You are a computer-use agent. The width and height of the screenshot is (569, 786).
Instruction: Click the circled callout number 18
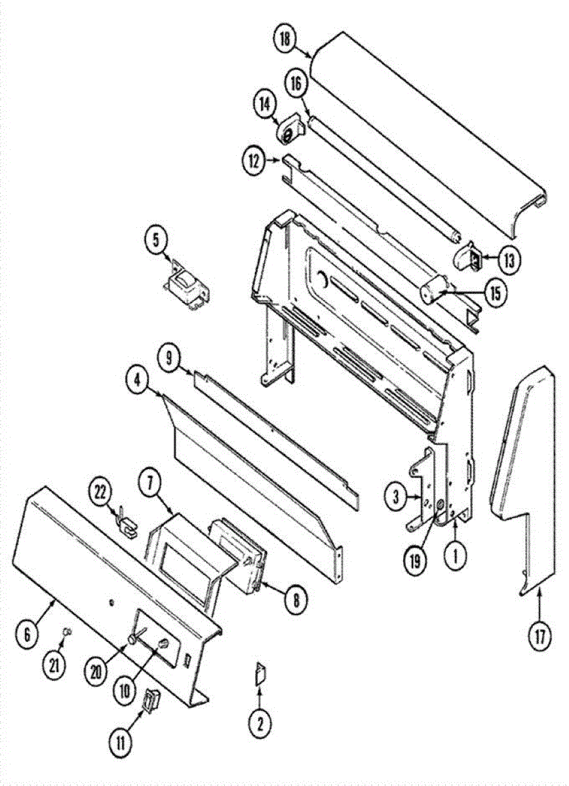tap(286, 39)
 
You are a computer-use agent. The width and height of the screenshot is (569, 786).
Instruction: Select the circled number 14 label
tap(265, 103)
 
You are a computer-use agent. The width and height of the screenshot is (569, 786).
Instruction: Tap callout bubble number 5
tap(157, 240)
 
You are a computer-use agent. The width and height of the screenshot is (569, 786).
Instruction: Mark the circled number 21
tap(54, 665)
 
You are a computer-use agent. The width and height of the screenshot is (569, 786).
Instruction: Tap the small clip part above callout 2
tap(260, 673)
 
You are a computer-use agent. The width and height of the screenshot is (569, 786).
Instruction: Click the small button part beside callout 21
tap(67, 631)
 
